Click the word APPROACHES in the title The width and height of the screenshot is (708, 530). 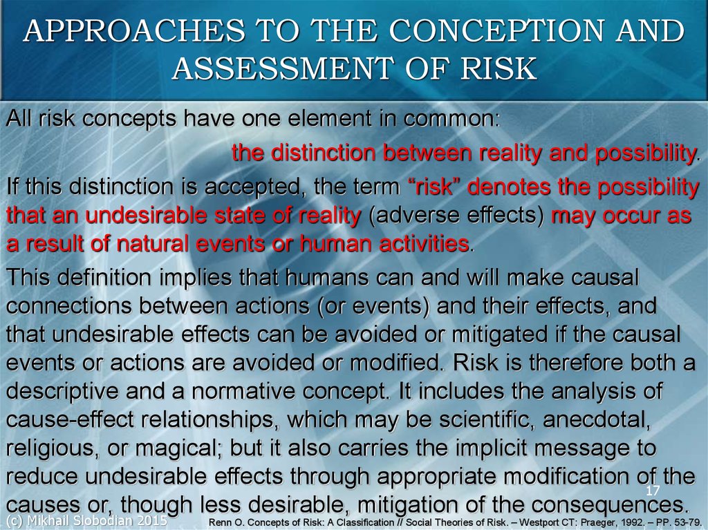click(134, 30)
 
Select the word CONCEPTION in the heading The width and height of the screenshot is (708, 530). click(496, 30)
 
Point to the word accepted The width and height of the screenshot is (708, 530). click(252, 187)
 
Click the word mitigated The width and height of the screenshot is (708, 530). click(497, 334)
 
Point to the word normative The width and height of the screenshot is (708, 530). click(242, 391)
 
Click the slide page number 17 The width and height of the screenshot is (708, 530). click(653, 491)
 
